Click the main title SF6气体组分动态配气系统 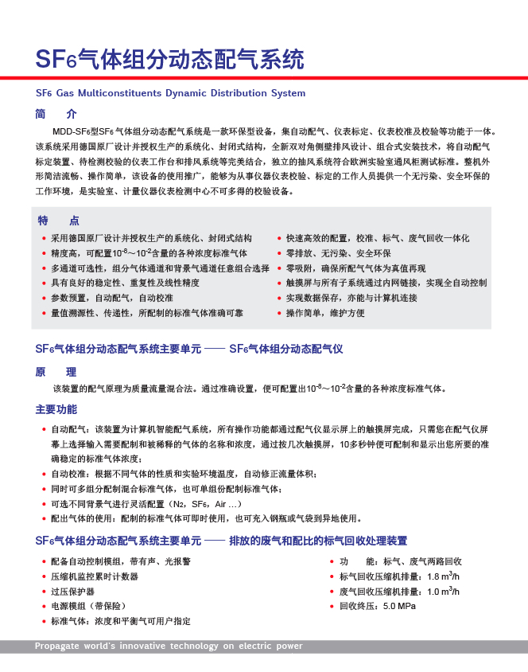coord(169,59)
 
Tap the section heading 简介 coord(56,114)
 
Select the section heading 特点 coord(59,221)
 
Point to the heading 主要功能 coord(56,409)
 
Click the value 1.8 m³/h coord(444,576)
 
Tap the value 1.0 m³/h coord(444,592)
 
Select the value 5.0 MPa coord(399,606)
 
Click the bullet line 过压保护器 coord(73,592)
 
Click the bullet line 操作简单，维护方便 coord(326,313)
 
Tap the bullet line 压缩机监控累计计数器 coord(95,576)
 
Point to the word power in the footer coord(288,646)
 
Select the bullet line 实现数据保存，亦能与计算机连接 coord(351,298)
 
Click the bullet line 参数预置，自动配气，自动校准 coord(112,298)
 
